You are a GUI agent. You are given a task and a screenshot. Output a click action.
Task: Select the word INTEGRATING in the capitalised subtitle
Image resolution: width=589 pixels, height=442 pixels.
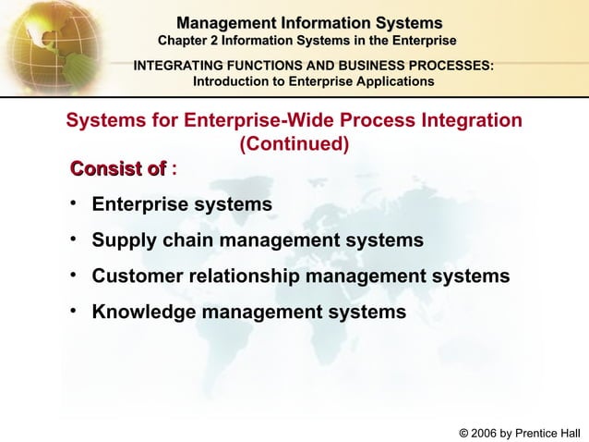(x=178, y=65)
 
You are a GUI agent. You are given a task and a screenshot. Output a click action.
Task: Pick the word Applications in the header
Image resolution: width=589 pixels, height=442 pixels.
(x=394, y=81)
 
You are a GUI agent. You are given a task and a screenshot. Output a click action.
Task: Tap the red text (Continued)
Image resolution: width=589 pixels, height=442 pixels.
(x=294, y=144)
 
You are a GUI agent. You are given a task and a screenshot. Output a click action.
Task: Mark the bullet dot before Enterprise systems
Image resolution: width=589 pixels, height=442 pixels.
(x=72, y=203)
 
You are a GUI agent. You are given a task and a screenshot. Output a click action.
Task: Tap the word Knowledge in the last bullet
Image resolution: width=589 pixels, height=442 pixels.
(x=143, y=313)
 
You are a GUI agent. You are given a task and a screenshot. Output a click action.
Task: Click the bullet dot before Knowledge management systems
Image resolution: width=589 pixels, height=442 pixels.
(x=72, y=311)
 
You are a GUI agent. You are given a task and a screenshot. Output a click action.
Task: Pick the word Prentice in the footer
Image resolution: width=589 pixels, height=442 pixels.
(x=537, y=432)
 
